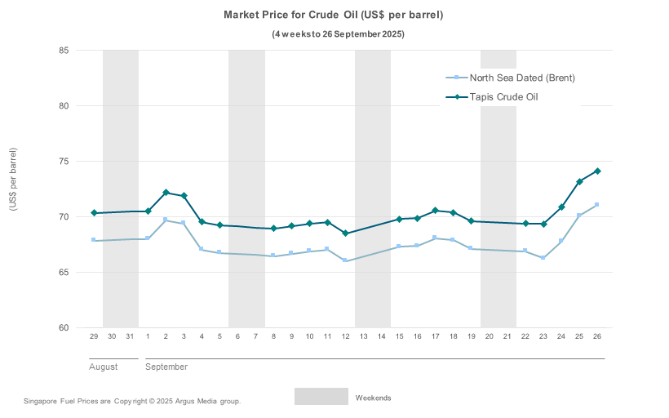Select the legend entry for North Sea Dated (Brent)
pyautogui.click(x=522, y=78)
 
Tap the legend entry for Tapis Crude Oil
pyautogui.click(x=503, y=97)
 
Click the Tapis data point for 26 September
pyautogui.click(x=597, y=171)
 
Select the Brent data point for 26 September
pyautogui.click(x=597, y=205)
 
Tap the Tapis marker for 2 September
pyautogui.click(x=166, y=193)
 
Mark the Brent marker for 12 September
pyautogui.click(x=345, y=260)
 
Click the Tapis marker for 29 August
pyautogui.click(x=94, y=213)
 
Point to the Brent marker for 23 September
pyautogui.click(x=543, y=258)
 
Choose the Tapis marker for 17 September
pyautogui.click(x=435, y=211)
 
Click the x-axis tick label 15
pyautogui.click(x=399, y=336)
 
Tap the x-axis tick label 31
pyautogui.click(x=130, y=336)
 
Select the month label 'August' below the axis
pyautogui.click(x=104, y=367)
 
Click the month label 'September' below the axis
pyautogui.click(x=166, y=367)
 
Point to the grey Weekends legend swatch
pyautogui.click(x=321, y=397)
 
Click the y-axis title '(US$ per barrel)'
pyautogui.click(x=13, y=180)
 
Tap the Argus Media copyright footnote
pyautogui.click(x=132, y=402)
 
